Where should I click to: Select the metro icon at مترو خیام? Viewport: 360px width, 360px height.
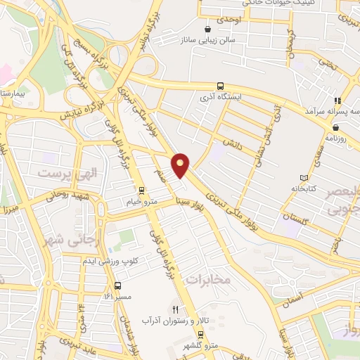click(141, 190)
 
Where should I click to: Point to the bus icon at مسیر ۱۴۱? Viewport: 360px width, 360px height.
click(117, 286)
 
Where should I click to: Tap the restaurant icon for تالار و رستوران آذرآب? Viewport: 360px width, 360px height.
click(175, 309)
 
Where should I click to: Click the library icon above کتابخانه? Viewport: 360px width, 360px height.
click(304, 178)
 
